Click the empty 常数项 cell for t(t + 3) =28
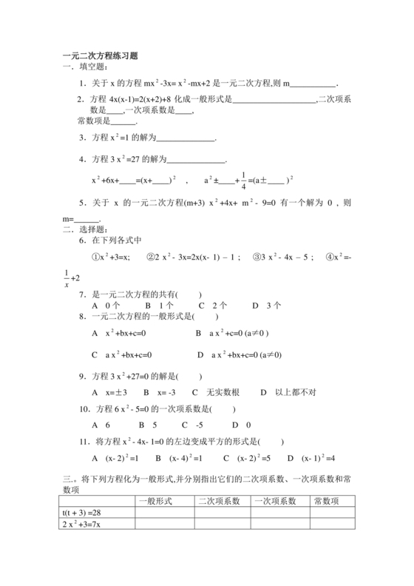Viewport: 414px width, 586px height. click(330, 513)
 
